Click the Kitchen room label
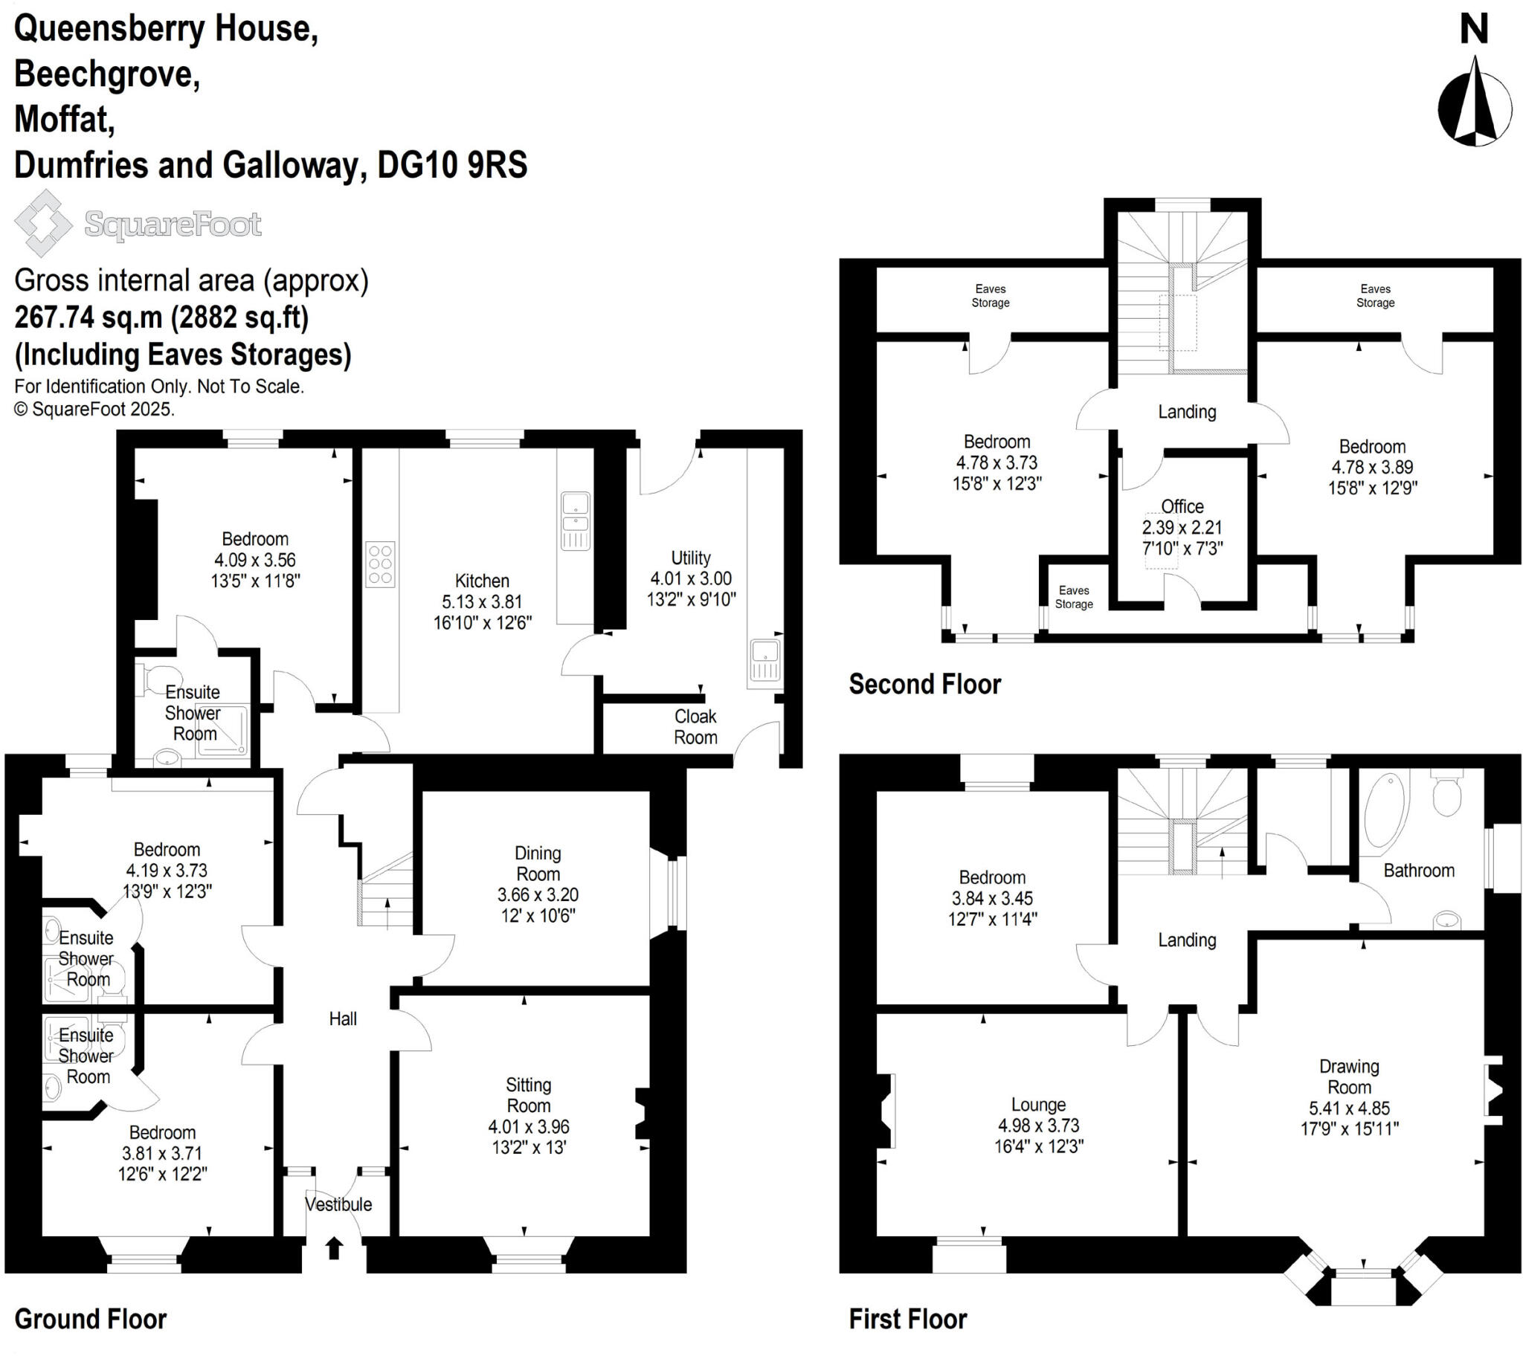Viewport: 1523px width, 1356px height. click(x=482, y=581)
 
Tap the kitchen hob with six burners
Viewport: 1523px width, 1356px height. click(x=380, y=564)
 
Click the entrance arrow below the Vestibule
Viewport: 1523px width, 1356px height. click(x=334, y=1248)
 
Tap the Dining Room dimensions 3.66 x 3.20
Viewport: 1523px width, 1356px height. click(x=537, y=895)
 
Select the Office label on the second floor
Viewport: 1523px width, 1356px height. click(x=1182, y=506)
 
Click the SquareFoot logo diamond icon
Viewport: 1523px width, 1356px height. click(x=43, y=223)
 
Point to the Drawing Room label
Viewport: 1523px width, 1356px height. click(x=1349, y=1076)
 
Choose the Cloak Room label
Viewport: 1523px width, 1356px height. click(x=695, y=726)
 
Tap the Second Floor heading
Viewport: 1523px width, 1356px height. click(x=924, y=684)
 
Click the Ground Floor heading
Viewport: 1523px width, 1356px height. click(x=90, y=1319)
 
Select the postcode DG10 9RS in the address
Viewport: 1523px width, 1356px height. click(x=452, y=164)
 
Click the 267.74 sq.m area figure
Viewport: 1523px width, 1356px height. click(x=88, y=317)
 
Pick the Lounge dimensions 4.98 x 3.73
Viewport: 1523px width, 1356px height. click(x=1039, y=1125)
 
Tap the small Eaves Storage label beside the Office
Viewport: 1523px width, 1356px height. click(x=1074, y=597)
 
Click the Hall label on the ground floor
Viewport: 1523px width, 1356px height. click(x=343, y=1018)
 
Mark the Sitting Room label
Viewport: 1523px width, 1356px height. click(x=528, y=1095)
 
